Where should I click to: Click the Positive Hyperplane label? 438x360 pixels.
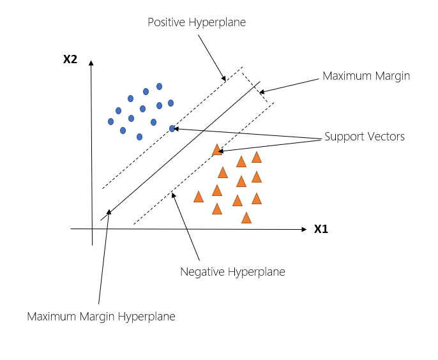(197, 22)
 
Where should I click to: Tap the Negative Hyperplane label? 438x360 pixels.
(232, 272)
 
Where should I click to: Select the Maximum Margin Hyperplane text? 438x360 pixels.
(101, 316)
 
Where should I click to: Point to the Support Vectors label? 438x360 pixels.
(365, 137)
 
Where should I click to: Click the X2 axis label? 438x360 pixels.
(70, 59)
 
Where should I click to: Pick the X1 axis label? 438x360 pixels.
(321, 229)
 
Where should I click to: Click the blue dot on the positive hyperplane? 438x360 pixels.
(172, 129)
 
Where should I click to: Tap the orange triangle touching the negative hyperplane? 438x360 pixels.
(217, 150)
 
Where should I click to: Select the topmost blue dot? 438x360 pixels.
(160, 86)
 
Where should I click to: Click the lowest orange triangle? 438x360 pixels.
(246, 218)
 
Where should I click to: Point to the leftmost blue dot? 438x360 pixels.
(111, 121)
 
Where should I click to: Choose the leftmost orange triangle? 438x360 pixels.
(199, 197)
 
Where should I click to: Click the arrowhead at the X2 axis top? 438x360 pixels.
(91, 63)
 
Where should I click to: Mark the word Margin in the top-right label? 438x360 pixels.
(391, 76)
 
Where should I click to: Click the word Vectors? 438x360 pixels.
(386, 137)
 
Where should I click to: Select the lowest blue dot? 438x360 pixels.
(139, 137)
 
